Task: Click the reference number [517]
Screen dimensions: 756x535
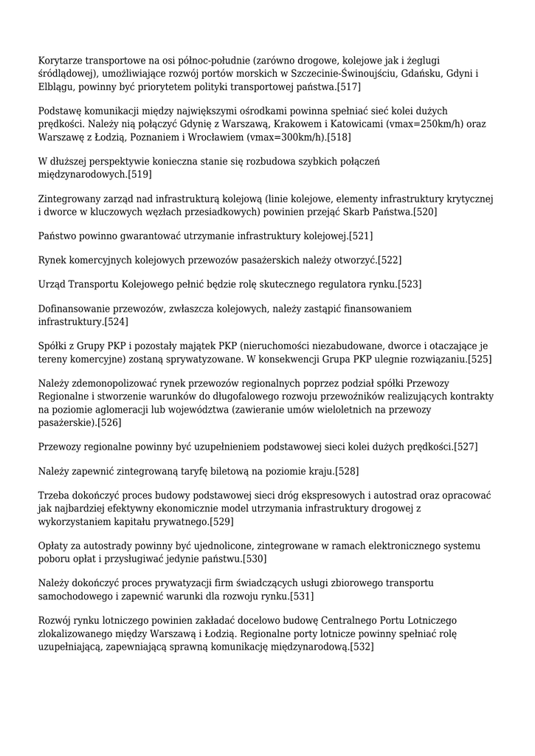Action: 348,87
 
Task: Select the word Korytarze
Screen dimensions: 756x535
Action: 62,61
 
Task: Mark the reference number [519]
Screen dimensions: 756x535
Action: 139,174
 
